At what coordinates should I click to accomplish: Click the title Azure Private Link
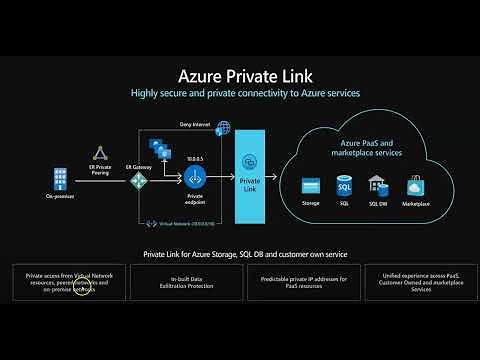point(239,75)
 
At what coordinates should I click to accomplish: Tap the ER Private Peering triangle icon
point(99,153)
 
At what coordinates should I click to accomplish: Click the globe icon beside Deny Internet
point(223,127)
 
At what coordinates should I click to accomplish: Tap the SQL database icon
point(343,185)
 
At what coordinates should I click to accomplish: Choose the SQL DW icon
point(377,185)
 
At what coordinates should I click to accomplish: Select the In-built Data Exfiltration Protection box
point(181,283)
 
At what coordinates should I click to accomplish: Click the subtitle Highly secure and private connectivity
point(239,93)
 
